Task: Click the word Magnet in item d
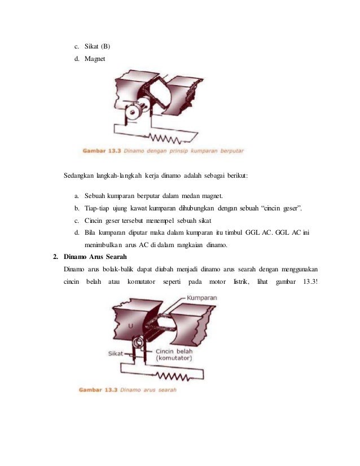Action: [94, 58]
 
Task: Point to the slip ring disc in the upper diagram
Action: [134, 112]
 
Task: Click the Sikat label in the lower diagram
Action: [116, 353]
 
